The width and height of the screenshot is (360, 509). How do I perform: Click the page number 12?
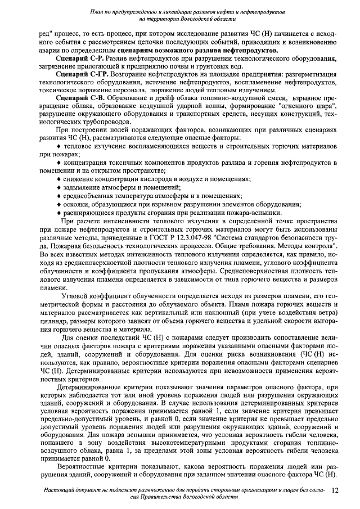coord(335,492)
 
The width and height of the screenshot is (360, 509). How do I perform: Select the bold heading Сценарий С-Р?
coord(77,58)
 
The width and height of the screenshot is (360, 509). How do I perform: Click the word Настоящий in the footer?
coord(59,491)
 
